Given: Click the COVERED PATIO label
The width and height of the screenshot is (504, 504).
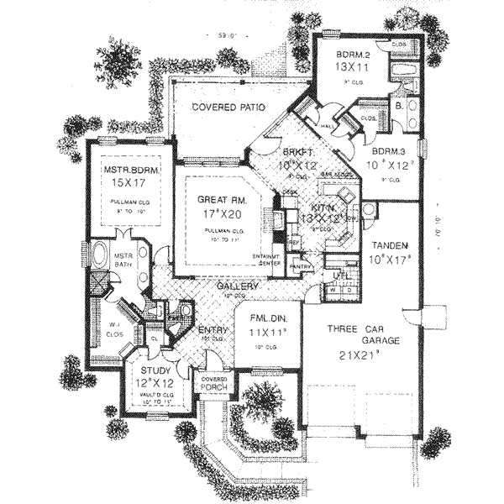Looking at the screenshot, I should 228,108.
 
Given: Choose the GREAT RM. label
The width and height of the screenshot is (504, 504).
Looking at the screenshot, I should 221,200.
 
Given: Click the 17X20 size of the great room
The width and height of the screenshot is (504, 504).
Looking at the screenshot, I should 220,215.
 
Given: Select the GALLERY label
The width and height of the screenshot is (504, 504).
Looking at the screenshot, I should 236,287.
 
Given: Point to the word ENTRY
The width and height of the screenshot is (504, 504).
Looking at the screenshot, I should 213,330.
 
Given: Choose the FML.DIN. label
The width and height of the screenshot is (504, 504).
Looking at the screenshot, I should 264,319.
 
